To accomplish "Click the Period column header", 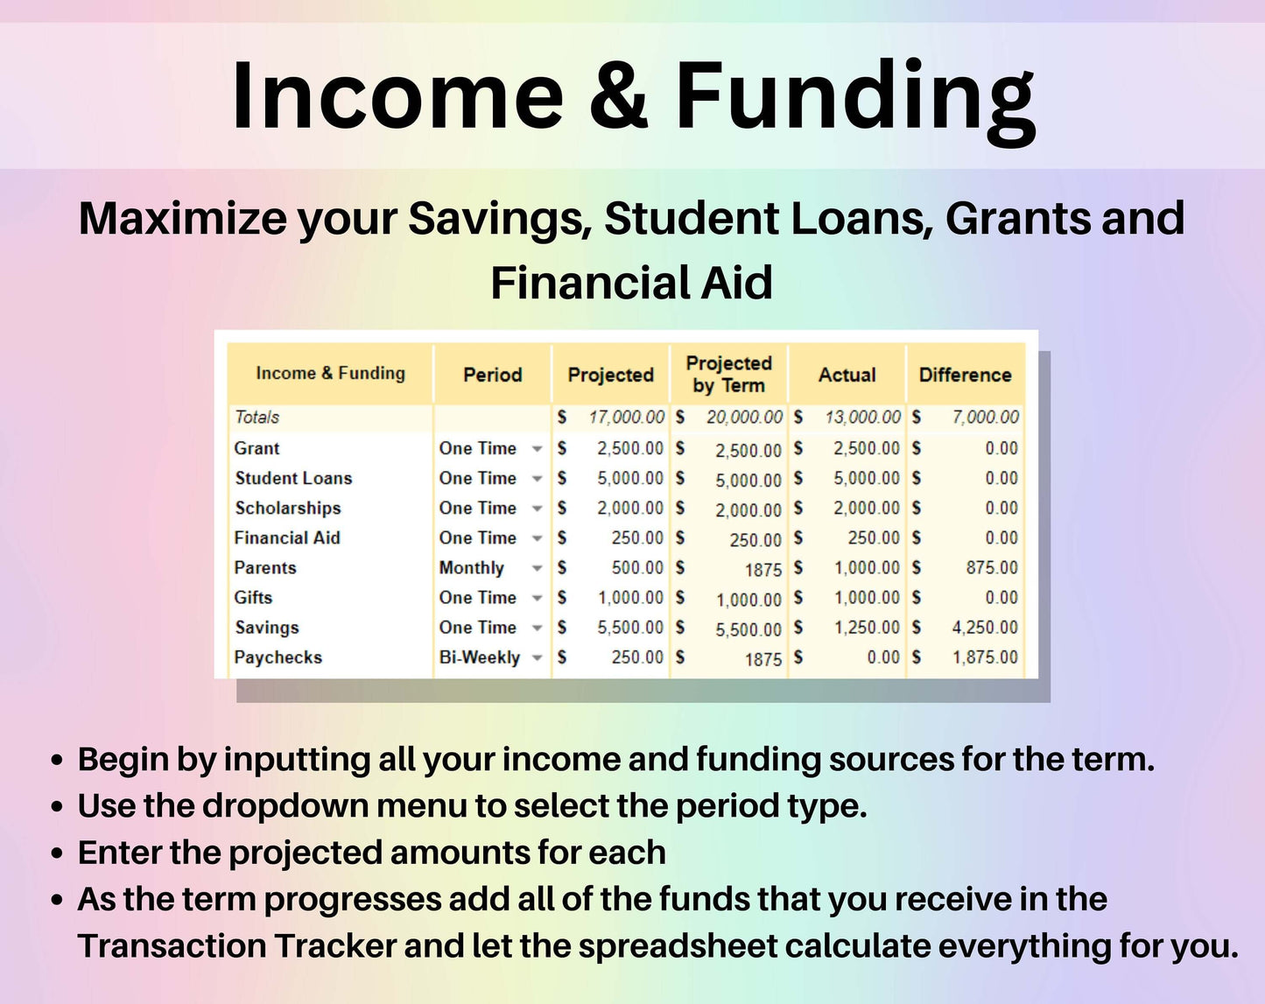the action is tap(493, 375).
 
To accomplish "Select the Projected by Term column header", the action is tap(729, 374).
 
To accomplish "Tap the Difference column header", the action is tap(966, 375).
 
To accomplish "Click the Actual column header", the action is tap(847, 375).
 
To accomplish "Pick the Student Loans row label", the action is tap(293, 478).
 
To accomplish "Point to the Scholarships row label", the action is tap(288, 508).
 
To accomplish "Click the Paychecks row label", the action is tap(278, 657).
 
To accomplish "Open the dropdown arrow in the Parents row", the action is tap(537, 568).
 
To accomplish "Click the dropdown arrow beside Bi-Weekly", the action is tap(537, 657).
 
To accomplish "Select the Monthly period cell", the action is tap(472, 568).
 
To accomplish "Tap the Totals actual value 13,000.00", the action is tap(863, 417).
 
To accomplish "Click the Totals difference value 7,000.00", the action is tap(985, 417).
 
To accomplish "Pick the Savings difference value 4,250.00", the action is tap(985, 628).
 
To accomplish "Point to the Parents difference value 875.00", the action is tap(992, 567).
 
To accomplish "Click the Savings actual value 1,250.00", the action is tap(867, 628).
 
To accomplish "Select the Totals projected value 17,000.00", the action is tap(627, 417).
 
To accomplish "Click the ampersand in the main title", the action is tap(618, 95).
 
